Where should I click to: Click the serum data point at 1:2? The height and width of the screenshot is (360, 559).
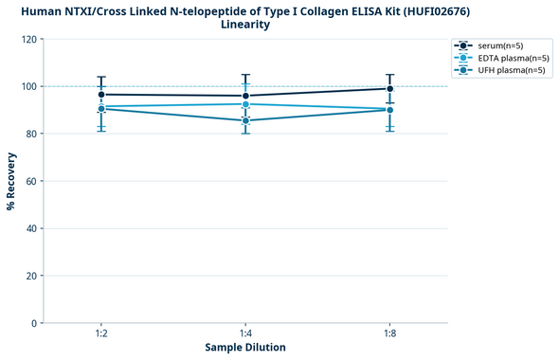click(x=101, y=95)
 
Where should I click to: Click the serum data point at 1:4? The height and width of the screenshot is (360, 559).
click(x=245, y=96)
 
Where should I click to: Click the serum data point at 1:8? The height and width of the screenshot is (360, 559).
click(x=389, y=89)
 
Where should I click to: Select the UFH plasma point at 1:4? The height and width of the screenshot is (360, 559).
click(x=245, y=120)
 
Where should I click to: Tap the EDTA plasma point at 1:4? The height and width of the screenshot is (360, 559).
click(x=245, y=104)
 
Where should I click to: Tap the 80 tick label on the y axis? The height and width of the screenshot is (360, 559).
click(x=31, y=135)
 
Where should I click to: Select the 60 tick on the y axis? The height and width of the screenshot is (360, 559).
click(x=31, y=181)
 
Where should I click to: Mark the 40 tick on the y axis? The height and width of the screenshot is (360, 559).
click(x=31, y=228)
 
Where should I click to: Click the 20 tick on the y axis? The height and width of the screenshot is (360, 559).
click(x=31, y=276)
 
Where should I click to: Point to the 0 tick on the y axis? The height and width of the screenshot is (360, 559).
click(x=34, y=323)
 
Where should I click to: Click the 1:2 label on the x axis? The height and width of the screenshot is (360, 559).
click(x=101, y=334)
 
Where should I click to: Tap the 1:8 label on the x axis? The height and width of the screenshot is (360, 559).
click(x=389, y=334)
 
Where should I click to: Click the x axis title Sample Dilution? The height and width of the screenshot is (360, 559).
click(x=245, y=348)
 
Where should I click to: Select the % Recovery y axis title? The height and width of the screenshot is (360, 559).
click(x=11, y=181)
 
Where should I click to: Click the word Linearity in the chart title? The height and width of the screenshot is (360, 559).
click(x=245, y=25)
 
